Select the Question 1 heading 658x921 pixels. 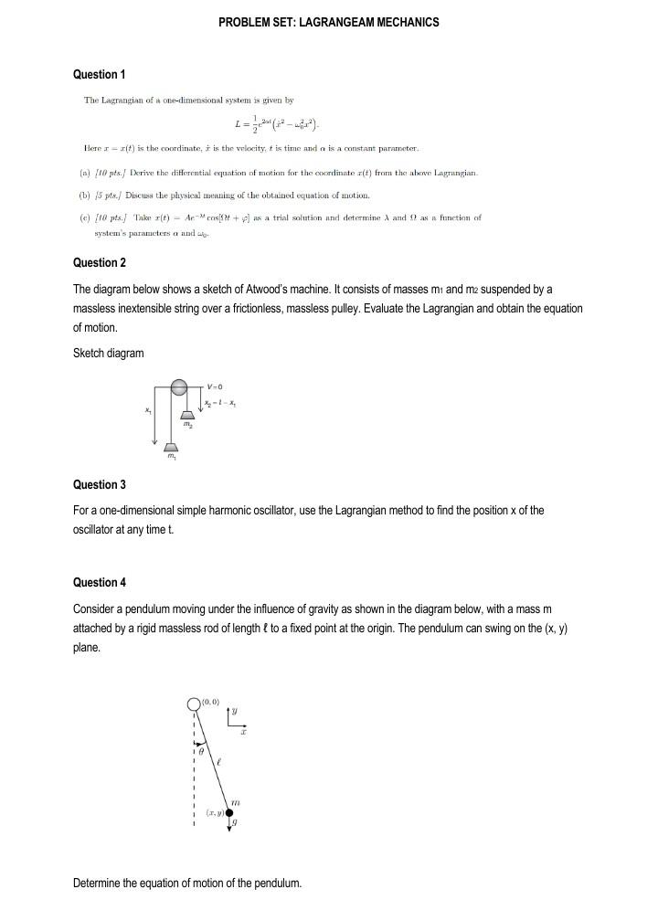tap(99, 74)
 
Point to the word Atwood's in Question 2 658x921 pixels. tap(273, 289)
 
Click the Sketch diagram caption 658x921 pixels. tap(108, 354)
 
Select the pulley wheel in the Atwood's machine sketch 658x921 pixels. tap(179, 387)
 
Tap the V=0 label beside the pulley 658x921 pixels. tap(216, 387)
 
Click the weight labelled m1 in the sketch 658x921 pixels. tap(171, 447)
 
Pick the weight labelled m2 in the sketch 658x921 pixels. tap(187, 416)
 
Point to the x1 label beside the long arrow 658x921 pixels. tap(147, 410)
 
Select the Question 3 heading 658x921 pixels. tap(99, 484)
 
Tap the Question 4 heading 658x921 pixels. tap(99, 582)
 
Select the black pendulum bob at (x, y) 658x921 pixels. tap(229, 811)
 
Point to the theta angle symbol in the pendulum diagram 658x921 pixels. tap(205, 749)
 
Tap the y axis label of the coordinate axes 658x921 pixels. tap(233, 710)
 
